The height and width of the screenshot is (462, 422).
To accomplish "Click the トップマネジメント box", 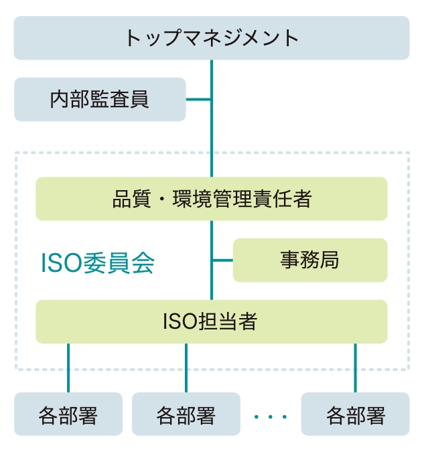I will (x=211, y=38).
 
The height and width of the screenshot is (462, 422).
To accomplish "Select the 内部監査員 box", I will (x=100, y=100).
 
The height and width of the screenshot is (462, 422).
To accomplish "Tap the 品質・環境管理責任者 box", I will (x=211, y=199).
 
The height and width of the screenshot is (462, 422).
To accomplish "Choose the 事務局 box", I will (x=309, y=260).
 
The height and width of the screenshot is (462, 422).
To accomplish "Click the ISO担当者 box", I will (x=211, y=321).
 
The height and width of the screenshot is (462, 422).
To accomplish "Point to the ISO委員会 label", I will (x=98, y=263).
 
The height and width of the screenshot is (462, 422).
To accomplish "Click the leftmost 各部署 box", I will (x=68, y=415).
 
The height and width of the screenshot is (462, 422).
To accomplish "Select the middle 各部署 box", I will (x=186, y=415).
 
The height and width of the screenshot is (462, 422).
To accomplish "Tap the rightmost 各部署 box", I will (x=355, y=415).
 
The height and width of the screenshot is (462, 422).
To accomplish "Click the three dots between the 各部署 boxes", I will (x=271, y=417).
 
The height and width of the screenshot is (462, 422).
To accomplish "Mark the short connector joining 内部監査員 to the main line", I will (x=198, y=100).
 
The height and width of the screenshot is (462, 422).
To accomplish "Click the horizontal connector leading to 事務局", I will (x=222, y=260).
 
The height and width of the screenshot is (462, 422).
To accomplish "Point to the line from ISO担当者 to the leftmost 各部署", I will (x=68, y=368).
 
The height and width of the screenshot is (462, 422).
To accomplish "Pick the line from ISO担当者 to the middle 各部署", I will (x=186, y=368).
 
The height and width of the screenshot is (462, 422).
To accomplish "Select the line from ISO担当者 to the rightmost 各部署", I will (x=355, y=368).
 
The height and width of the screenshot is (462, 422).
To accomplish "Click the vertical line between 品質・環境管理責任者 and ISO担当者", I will (x=212, y=241).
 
